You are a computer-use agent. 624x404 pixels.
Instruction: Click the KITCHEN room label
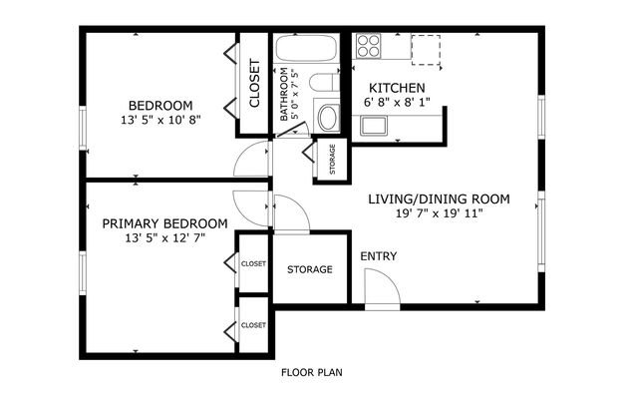click(397, 88)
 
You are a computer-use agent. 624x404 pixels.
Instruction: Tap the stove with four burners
click(368, 46)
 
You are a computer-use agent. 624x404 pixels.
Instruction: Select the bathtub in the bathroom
click(306, 48)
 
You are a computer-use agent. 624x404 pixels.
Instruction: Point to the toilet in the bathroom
click(324, 82)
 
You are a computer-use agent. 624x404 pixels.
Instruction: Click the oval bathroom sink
click(329, 117)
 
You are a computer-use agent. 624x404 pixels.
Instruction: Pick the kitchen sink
click(373, 126)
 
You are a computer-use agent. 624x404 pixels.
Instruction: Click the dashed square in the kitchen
click(426, 50)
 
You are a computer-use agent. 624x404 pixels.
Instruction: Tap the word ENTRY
click(379, 256)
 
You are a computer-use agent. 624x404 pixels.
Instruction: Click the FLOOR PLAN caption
click(312, 372)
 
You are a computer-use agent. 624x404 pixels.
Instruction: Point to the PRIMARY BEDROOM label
click(164, 223)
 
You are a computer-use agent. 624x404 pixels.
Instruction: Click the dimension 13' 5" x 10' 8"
click(160, 120)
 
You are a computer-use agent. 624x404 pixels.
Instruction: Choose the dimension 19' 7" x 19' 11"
click(439, 213)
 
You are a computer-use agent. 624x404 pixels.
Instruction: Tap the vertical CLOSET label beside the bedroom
click(254, 83)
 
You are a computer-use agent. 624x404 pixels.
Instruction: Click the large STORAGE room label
click(310, 269)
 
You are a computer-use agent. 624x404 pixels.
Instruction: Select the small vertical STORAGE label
click(333, 160)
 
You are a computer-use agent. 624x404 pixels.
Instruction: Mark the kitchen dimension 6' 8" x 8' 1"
click(397, 103)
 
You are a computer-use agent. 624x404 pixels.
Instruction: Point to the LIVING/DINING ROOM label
click(439, 199)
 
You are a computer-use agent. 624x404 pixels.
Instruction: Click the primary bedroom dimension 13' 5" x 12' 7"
click(164, 238)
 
